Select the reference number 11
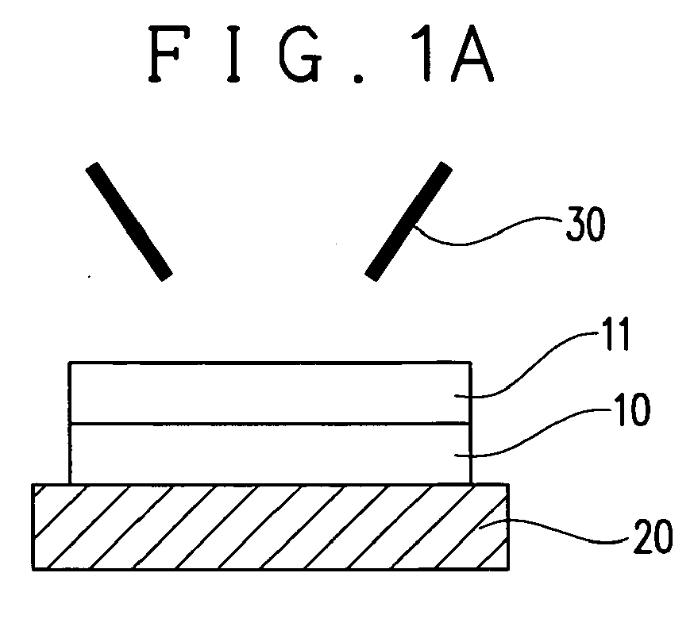(x=615, y=335)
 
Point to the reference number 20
(x=654, y=536)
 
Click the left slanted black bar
(x=129, y=221)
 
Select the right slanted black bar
(x=408, y=221)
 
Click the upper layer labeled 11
(x=270, y=393)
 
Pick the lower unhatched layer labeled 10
(x=270, y=454)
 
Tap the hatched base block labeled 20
(x=271, y=527)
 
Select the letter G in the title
(x=301, y=54)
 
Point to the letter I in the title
(x=233, y=54)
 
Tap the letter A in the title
(x=472, y=54)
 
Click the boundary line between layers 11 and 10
(x=270, y=424)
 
